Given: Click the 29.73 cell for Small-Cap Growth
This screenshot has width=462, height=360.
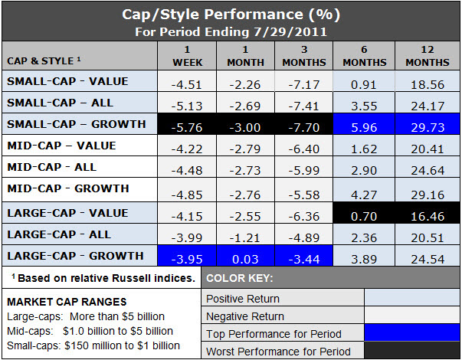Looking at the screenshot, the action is [428, 124].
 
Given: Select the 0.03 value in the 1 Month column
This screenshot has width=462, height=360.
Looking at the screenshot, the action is [245, 259].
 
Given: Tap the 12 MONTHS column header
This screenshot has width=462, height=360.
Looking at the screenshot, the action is [428, 56].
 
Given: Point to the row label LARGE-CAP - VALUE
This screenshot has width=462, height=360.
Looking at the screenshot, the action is [67, 213].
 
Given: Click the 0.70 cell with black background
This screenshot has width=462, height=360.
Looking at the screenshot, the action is [364, 213].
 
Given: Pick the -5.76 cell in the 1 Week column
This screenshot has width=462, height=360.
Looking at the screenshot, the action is [187, 124].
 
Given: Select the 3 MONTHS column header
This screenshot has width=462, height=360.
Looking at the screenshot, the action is [304, 56].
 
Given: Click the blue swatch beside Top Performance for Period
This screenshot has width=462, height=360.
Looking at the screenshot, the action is [412, 333].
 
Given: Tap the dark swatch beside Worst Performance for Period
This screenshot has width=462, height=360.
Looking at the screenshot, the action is [412, 350].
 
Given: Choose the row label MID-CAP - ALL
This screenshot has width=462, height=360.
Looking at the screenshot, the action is [52, 167].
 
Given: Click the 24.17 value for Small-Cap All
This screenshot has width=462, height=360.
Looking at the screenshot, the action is [428, 106].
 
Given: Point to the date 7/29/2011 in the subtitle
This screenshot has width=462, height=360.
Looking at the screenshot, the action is [290, 32].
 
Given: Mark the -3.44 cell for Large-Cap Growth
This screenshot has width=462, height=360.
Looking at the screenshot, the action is [304, 255].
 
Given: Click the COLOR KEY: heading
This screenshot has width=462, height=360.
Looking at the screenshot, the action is [240, 278].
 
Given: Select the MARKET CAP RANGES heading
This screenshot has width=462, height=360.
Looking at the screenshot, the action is [67, 302].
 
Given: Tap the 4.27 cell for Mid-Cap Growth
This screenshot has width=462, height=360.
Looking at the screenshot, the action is [364, 195].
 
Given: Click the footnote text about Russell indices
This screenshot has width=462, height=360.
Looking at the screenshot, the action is [103, 278].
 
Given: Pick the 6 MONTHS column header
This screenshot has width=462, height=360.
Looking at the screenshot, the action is [365, 56].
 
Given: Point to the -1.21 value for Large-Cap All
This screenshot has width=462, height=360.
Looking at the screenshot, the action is [245, 237].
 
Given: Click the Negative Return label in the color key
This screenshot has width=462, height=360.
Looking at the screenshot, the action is [245, 316].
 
